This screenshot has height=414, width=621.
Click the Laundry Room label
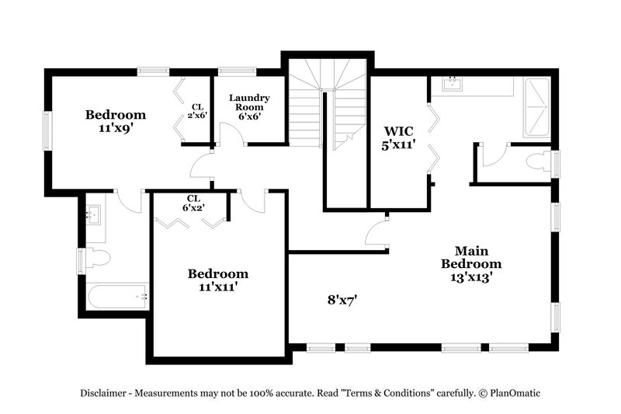[x=249, y=107]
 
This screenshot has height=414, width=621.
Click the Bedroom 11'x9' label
[x=115, y=121]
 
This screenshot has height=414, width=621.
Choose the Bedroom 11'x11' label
[x=218, y=280]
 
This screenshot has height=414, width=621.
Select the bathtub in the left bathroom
[x=116, y=296]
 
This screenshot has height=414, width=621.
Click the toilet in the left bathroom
[x=96, y=257]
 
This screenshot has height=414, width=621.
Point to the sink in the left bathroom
[x=93, y=214]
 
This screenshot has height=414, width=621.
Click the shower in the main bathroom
[x=536, y=106]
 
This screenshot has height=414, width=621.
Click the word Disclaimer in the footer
[x=106, y=393]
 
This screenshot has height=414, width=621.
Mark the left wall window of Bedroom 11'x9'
[x=48, y=131]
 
